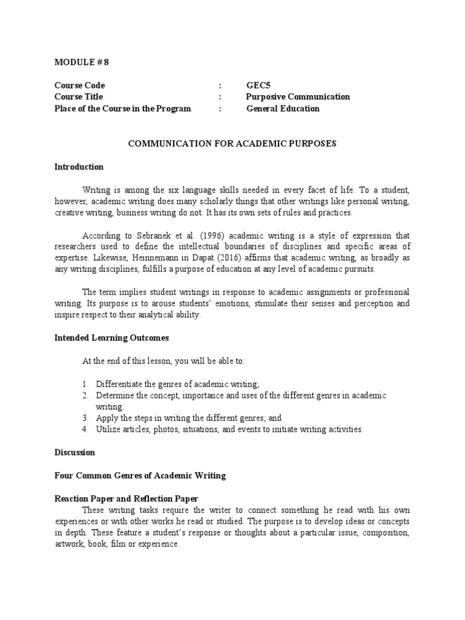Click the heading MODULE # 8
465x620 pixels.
point(82,62)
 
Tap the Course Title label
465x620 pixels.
point(79,97)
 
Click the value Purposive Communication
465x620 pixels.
point(298,97)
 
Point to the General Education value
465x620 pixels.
point(283,108)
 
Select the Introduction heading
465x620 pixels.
point(79,167)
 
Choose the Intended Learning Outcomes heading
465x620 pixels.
point(112,338)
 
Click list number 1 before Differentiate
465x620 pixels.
point(85,384)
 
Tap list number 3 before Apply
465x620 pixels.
point(85,418)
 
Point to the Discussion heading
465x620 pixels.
point(74,452)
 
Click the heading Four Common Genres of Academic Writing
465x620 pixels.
point(140,475)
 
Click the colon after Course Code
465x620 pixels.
point(221,85)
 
